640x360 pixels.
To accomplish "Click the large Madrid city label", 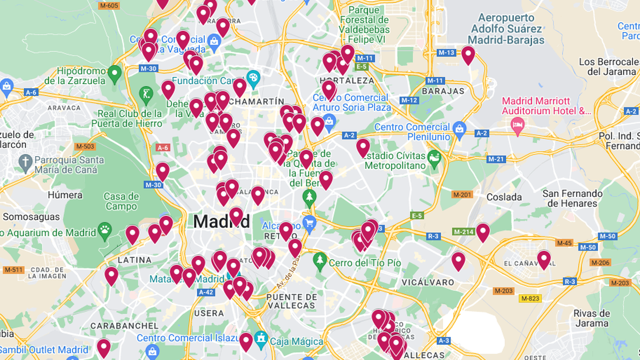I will tap(221, 221).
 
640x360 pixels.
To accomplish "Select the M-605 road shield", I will tap(108, 5).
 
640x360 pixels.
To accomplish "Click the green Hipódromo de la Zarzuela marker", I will tap(115, 74).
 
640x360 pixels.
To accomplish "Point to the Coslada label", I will tap(504, 197).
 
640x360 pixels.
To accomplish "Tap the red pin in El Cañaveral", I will tap(544, 259).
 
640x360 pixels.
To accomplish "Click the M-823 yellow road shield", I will tap(530, 298).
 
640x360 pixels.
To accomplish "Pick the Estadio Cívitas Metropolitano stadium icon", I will tap(434, 159).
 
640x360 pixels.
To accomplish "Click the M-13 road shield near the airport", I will tap(446, 53).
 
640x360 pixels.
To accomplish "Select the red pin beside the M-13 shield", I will tap(468, 54).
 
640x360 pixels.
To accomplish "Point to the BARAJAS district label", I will tap(443, 91).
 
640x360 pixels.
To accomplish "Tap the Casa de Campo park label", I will tap(121, 201).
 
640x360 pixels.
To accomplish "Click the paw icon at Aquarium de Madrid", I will tap(105, 230).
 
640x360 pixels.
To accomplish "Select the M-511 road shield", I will tap(13, 270).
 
